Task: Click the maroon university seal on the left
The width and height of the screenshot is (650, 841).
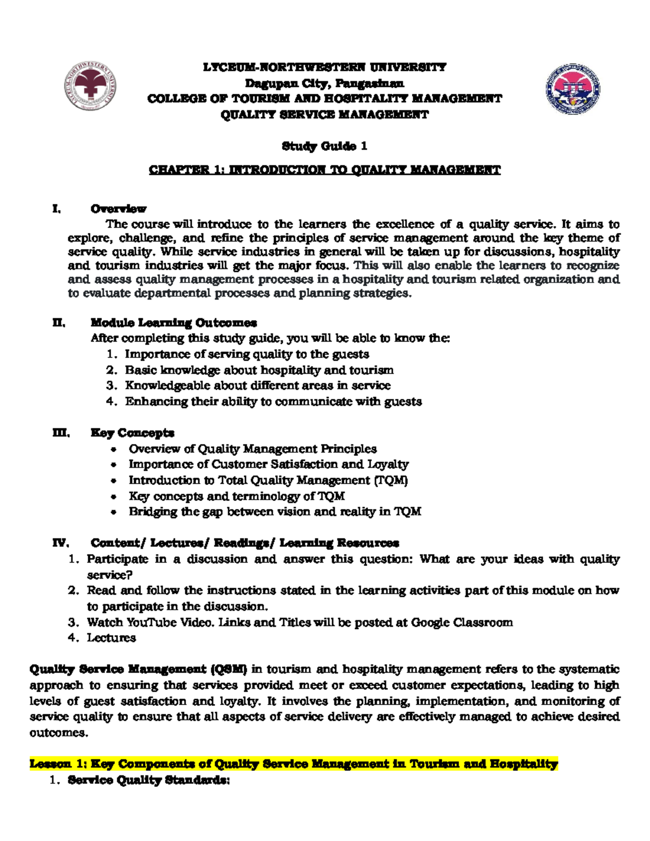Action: click(90, 87)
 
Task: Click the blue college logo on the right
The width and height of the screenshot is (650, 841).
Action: click(573, 89)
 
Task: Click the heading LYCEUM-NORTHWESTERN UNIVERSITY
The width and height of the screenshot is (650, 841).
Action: click(324, 67)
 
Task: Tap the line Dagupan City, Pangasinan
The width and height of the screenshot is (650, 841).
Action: click(324, 83)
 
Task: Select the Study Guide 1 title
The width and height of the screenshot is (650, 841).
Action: click(324, 146)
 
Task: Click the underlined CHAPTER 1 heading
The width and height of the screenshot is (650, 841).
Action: click(324, 170)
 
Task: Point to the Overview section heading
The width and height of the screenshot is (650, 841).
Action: click(118, 209)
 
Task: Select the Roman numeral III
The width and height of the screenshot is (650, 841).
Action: click(61, 433)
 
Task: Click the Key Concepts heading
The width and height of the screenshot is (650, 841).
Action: click(132, 433)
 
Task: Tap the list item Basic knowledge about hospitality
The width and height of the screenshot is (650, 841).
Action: click(259, 370)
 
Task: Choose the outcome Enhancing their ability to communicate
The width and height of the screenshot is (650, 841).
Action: click(273, 402)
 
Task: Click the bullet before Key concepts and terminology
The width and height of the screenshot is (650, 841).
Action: click(113, 497)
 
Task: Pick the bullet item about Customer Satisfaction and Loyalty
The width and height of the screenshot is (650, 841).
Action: click(268, 465)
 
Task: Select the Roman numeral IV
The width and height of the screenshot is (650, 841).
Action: click(61, 543)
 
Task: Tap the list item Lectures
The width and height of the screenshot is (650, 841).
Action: click(111, 638)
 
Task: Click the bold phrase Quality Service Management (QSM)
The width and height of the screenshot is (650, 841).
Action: click(138, 669)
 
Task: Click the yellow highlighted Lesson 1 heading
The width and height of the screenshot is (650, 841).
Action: click(293, 764)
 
